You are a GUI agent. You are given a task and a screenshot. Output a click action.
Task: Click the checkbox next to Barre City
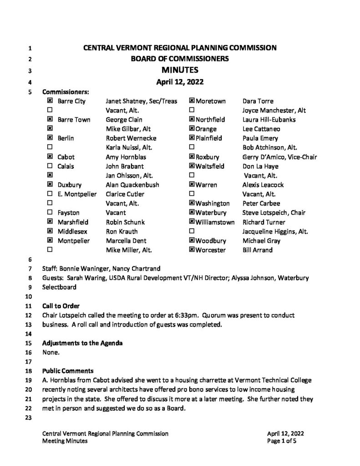49,101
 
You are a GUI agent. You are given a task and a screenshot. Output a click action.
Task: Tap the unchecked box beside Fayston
49,213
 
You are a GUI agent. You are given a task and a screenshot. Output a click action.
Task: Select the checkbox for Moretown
192,101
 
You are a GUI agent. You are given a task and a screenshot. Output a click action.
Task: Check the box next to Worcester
192,250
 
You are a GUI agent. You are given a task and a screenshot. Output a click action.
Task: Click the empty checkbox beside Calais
49,166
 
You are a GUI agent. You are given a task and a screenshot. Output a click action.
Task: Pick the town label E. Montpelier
77,194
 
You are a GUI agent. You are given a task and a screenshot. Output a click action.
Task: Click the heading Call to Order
61,306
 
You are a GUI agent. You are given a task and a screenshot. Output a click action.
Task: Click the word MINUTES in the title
180,70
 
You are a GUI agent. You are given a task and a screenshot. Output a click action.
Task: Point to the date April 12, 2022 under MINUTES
180,82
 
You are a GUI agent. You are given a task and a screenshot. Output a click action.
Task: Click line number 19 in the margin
30,380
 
